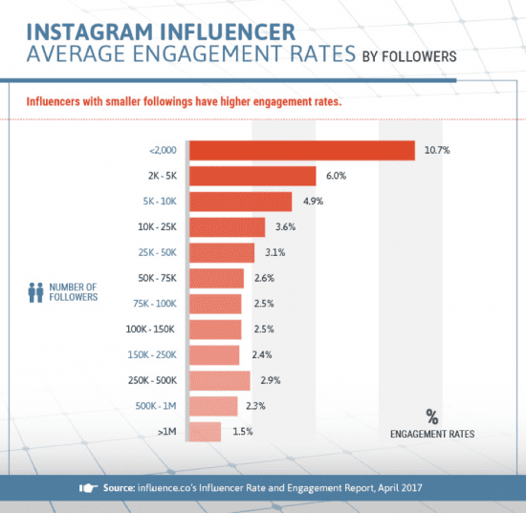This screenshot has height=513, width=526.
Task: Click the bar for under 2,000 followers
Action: (x=301, y=151)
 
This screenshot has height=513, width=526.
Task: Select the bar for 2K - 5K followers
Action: (x=252, y=177)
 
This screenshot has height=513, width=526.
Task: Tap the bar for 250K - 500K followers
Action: (x=219, y=381)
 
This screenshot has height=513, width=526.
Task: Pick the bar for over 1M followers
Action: (x=205, y=433)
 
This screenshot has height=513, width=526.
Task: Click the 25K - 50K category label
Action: (x=156, y=253)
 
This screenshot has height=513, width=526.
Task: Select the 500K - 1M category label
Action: (x=155, y=407)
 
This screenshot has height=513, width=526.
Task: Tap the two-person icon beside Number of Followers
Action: (x=37, y=291)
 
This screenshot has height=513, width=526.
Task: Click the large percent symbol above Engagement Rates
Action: (x=431, y=416)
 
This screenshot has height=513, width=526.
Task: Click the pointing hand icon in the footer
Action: (x=88, y=487)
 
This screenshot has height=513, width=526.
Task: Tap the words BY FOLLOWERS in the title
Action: (x=409, y=56)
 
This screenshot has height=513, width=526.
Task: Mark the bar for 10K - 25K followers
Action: (x=227, y=227)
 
